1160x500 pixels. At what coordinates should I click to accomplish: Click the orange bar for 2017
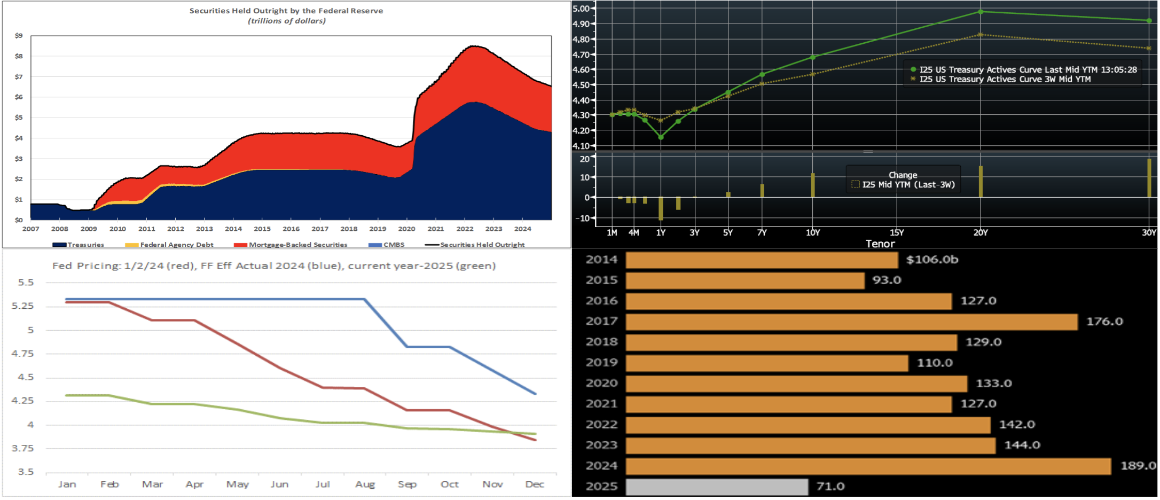(x=851, y=322)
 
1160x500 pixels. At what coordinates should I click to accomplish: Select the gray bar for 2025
(x=717, y=487)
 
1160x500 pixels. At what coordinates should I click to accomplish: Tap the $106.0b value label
(x=932, y=260)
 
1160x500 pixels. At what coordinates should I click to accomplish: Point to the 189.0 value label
(x=1138, y=466)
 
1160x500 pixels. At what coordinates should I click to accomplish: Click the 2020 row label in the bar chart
(x=601, y=384)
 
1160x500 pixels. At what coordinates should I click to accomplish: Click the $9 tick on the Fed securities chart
(x=19, y=36)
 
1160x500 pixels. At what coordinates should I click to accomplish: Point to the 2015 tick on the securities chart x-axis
(x=262, y=229)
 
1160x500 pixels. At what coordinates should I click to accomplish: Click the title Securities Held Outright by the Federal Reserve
(x=286, y=11)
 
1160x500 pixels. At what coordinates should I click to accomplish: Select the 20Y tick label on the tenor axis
(x=981, y=232)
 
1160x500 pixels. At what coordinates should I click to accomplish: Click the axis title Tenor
(x=880, y=244)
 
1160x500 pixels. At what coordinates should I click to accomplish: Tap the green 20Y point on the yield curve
(x=981, y=12)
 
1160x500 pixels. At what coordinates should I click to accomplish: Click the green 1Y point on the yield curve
(x=661, y=137)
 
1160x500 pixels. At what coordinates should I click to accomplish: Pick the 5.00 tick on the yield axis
(x=581, y=9)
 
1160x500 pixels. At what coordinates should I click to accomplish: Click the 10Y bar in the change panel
(x=813, y=185)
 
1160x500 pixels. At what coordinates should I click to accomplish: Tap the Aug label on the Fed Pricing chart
(x=365, y=485)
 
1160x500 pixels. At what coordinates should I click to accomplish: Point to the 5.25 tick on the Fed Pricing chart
(x=22, y=306)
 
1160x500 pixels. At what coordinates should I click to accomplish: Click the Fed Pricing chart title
(x=274, y=266)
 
